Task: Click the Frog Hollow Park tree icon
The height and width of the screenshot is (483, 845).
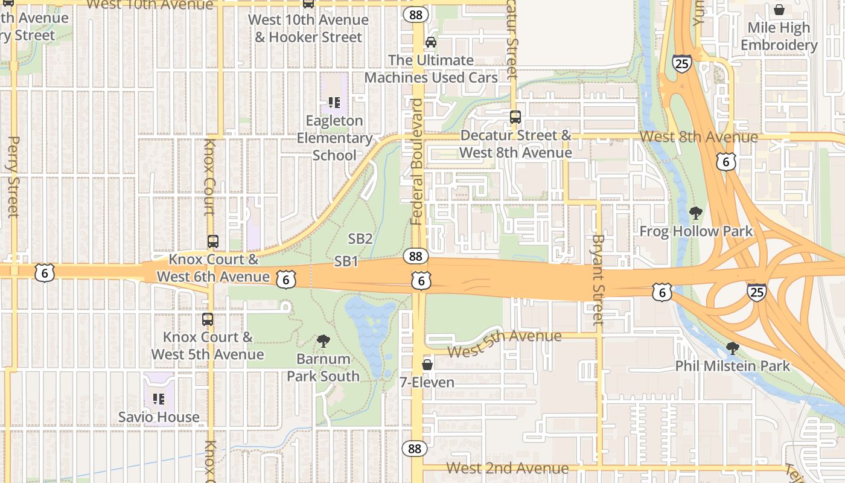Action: pos(695,213)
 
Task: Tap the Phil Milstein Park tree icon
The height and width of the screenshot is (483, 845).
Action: pos(732,348)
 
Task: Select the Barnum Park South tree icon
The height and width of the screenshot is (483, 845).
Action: pos(323,341)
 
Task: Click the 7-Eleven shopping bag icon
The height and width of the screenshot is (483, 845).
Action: pos(427,365)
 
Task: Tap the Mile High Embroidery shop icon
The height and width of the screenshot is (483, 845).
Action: pos(779,10)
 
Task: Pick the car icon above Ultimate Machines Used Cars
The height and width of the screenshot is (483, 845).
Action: pos(430,42)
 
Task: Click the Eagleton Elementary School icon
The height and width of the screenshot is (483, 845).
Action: pos(334,103)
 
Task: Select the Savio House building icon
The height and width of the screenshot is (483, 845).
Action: pos(158,398)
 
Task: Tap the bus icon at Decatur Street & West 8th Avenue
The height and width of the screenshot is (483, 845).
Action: pos(515,117)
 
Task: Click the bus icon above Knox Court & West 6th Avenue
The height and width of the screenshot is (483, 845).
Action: pos(212,241)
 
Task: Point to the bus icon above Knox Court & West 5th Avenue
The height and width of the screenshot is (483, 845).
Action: pos(207,319)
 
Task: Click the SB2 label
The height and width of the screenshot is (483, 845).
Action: pos(360,238)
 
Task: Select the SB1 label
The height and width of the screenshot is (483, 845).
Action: pos(346,261)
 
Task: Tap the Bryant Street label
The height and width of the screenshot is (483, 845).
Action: pos(598,279)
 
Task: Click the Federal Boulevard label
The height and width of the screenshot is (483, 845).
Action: pos(417,162)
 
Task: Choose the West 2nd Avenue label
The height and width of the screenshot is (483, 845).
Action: pos(507,468)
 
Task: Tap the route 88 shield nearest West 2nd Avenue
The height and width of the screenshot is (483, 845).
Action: pos(414,449)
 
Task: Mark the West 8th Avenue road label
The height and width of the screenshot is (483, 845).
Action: pos(698,136)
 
